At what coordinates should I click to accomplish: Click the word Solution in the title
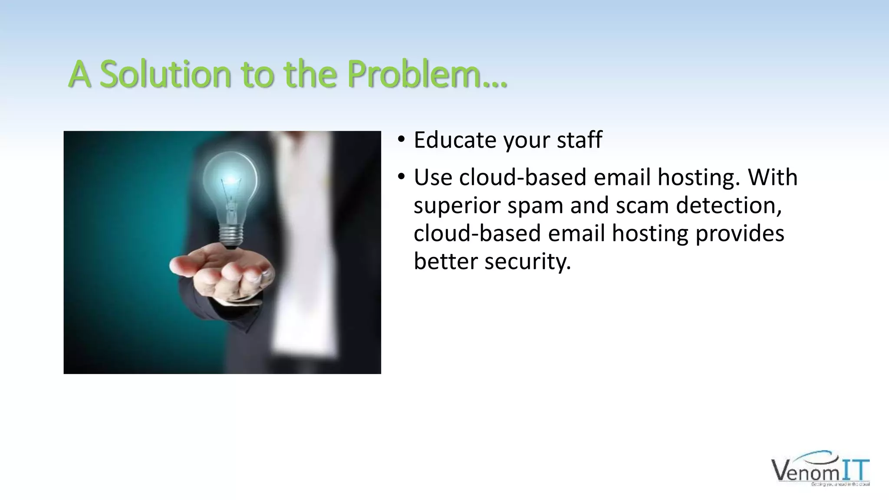click(x=165, y=75)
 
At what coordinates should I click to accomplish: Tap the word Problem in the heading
click(x=419, y=75)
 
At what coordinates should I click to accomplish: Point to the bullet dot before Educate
click(x=401, y=139)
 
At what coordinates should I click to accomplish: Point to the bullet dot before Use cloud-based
click(x=401, y=176)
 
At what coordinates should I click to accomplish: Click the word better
click(x=445, y=261)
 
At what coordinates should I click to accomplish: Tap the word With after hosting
click(x=773, y=177)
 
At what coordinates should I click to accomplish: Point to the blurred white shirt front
click(x=300, y=260)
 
